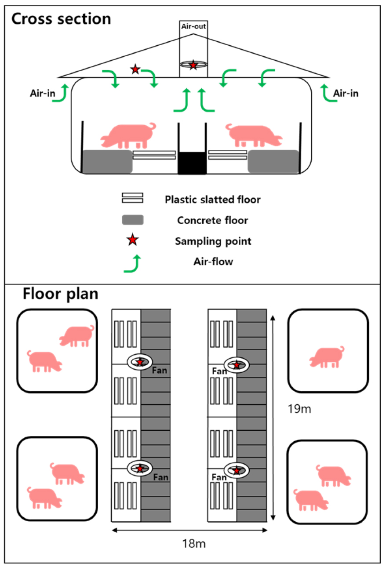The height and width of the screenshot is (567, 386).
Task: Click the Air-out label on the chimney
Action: pos(193,26)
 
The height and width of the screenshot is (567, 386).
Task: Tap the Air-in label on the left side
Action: pos(43,94)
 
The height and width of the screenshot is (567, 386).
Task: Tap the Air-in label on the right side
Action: pos(346,94)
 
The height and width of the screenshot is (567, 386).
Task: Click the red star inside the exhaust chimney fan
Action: pos(193,65)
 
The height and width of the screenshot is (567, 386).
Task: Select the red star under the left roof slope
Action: pos(135,69)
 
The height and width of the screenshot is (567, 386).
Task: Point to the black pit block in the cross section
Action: pos(192,163)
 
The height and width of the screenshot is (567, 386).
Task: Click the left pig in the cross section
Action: pos(128,135)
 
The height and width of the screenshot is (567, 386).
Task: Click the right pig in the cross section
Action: pos(254,135)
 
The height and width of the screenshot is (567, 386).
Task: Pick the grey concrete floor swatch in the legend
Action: pos(133,220)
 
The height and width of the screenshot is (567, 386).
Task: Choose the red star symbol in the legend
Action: pos(133,240)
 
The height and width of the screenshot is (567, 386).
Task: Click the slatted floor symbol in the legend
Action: pos(133,198)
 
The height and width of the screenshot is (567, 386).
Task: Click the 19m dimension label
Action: pos(299,409)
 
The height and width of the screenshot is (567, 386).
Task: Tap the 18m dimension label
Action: pos(194,543)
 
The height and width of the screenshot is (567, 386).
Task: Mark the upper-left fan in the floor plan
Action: pos(140,362)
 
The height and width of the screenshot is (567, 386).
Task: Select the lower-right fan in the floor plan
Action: pos(237,470)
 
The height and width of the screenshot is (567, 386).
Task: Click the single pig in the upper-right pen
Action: pos(327,357)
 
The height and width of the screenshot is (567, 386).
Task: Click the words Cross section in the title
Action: pos(61,19)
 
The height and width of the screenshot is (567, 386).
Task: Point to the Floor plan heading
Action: pos(61,294)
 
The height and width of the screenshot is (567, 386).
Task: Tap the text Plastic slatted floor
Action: pos(213,200)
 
